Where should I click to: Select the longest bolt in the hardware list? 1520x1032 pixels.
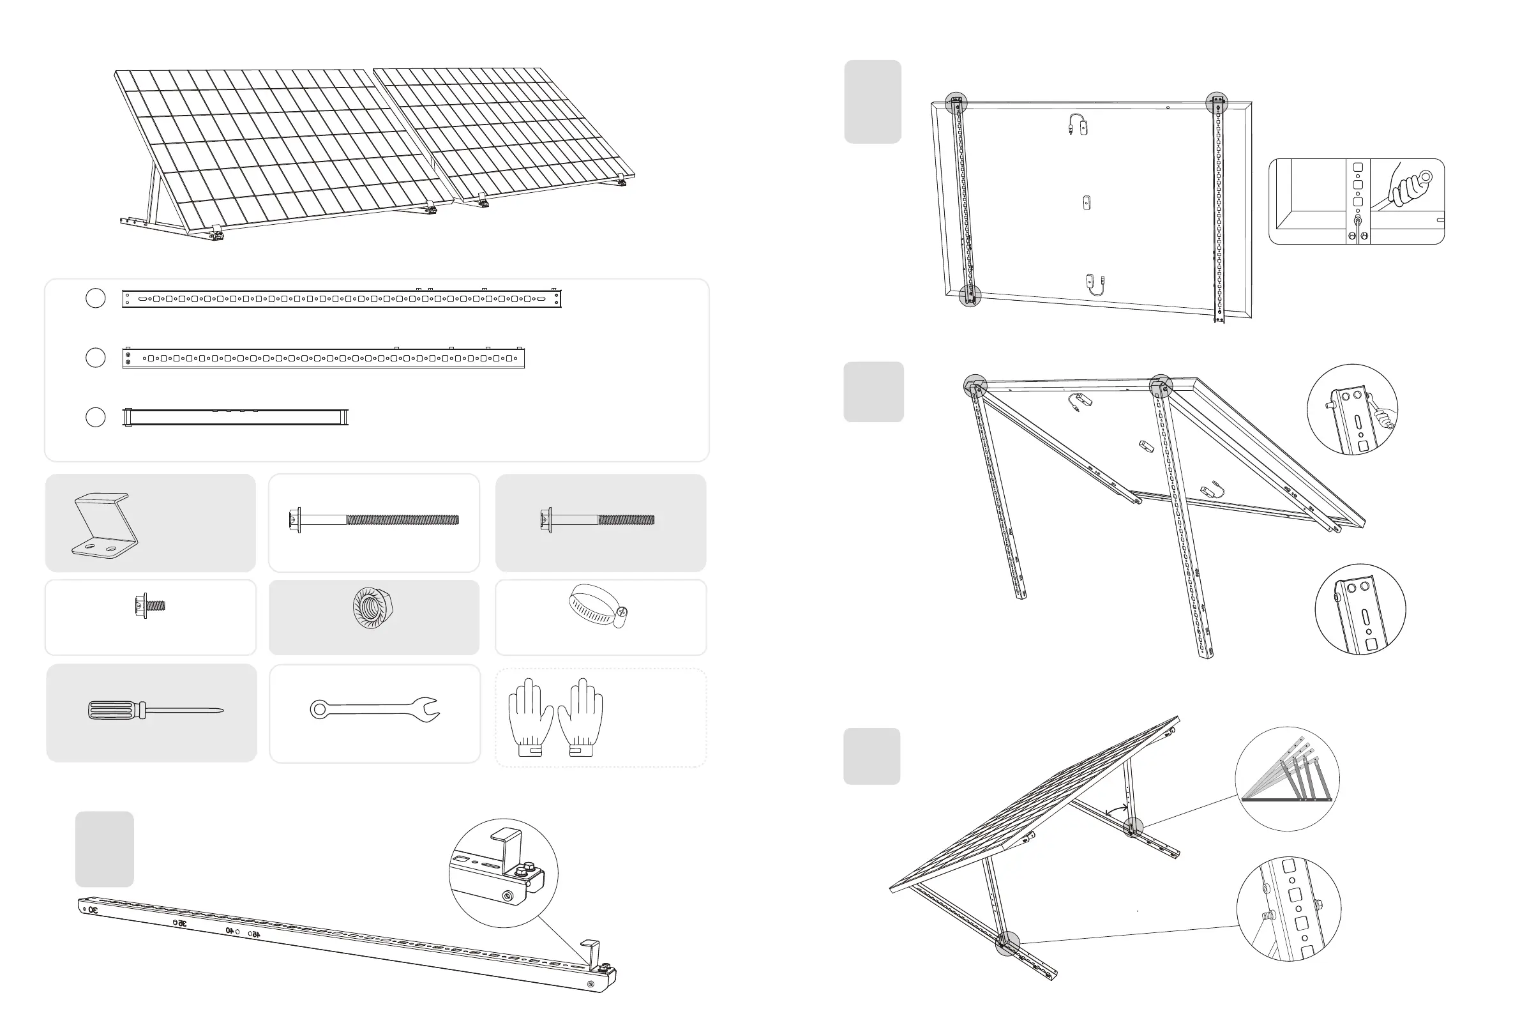[x=373, y=520]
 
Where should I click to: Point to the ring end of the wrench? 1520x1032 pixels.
[x=319, y=709]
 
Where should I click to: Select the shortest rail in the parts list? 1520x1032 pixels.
[x=236, y=417]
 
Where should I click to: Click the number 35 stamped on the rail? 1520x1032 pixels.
[x=181, y=923]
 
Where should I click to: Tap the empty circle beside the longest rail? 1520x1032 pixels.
[x=96, y=298]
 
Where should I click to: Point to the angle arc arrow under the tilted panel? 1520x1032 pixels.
[x=1116, y=810]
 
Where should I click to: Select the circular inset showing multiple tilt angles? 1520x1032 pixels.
[x=1286, y=778]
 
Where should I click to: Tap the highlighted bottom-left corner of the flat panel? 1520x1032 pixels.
[x=970, y=296]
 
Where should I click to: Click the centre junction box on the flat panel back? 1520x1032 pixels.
[x=1087, y=202]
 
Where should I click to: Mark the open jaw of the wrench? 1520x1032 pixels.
[x=429, y=709]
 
